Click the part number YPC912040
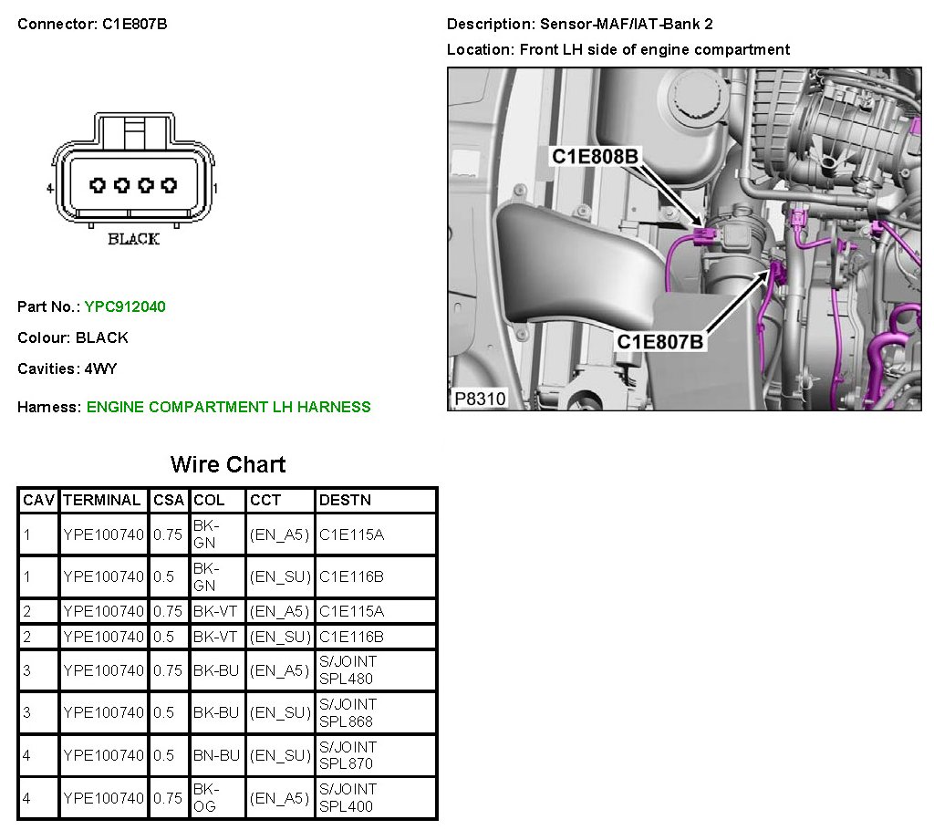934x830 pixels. click(x=125, y=306)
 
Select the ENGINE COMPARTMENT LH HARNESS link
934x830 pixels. click(x=229, y=407)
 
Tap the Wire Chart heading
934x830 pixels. click(x=228, y=465)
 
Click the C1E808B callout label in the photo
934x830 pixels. click(x=595, y=157)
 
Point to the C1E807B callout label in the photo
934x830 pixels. click(x=660, y=342)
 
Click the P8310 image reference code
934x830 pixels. click(x=480, y=399)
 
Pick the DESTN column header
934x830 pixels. click(x=345, y=501)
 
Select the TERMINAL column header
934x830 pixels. click(x=102, y=501)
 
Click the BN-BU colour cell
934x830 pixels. click(x=216, y=755)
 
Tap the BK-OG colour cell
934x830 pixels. click(x=206, y=798)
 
